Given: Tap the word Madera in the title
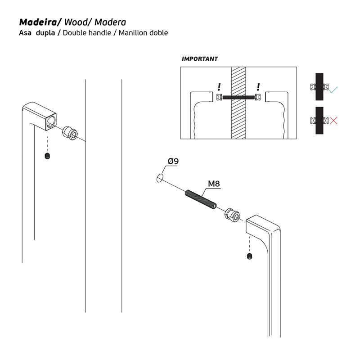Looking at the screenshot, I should tap(111, 22).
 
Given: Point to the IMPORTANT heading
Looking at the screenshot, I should tap(199, 59).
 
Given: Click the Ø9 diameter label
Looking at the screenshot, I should tap(173, 161).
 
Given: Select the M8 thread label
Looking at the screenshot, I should tap(213, 184).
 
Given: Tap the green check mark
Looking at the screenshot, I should tap(333, 90).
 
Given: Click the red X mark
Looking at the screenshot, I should tap(333, 120).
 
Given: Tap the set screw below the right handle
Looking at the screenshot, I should tap(249, 256).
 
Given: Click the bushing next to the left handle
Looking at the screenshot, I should tap(71, 132).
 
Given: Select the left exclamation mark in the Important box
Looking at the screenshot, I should tap(219, 87).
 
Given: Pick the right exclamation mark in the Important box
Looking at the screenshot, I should tap(258, 87).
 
